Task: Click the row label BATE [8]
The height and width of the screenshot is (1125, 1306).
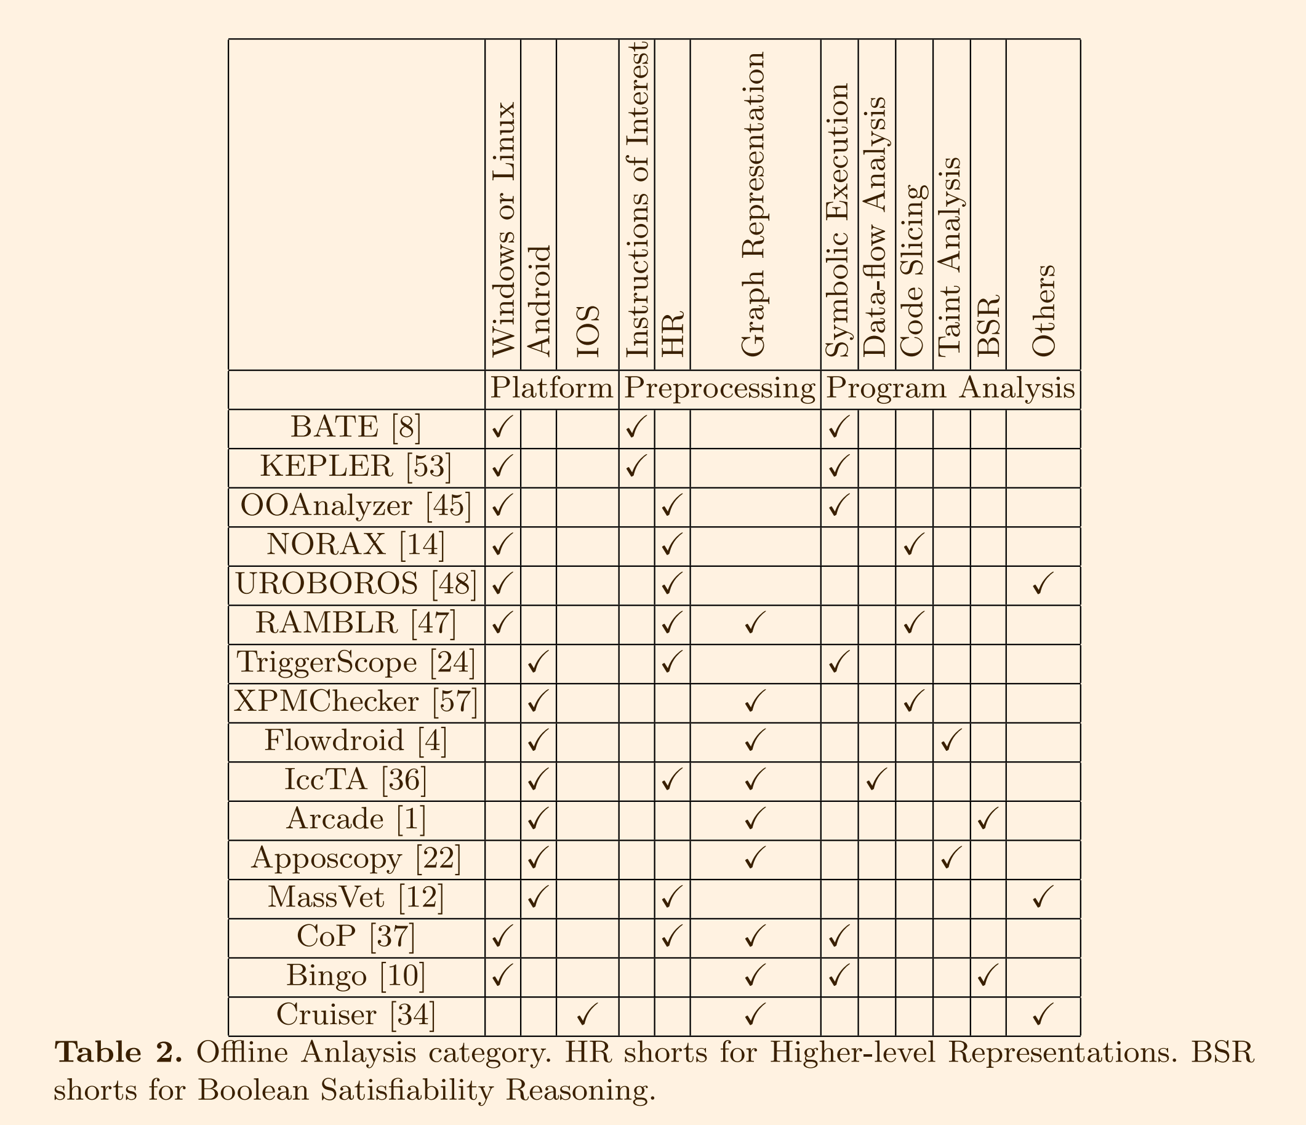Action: pos(356,428)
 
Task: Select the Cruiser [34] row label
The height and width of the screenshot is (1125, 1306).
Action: pos(356,1015)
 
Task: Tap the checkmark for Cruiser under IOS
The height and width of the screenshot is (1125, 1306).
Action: pos(587,1015)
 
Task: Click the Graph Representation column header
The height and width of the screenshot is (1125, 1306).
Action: pos(754,205)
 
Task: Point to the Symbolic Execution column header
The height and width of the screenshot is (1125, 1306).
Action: pos(838,220)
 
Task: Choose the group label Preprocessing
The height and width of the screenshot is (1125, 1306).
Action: pos(719,389)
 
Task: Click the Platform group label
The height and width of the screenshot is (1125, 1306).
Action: pos(551,389)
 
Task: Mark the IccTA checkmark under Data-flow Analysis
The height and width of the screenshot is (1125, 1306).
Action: pos(876,780)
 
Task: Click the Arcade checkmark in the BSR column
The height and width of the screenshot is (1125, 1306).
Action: pos(987,819)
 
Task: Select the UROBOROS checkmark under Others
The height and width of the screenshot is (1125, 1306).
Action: pos(1043,585)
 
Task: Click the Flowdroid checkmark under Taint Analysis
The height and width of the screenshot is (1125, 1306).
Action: pos(950,741)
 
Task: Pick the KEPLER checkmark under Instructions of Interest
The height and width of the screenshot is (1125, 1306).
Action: pos(636,467)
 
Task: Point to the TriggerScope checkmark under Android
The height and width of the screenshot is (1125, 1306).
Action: pos(538,663)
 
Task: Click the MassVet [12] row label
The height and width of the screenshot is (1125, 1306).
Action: pos(356,897)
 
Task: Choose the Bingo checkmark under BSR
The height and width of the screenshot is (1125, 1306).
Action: pos(987,976)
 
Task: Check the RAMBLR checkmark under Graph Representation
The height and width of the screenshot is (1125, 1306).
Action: pos(754,624)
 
